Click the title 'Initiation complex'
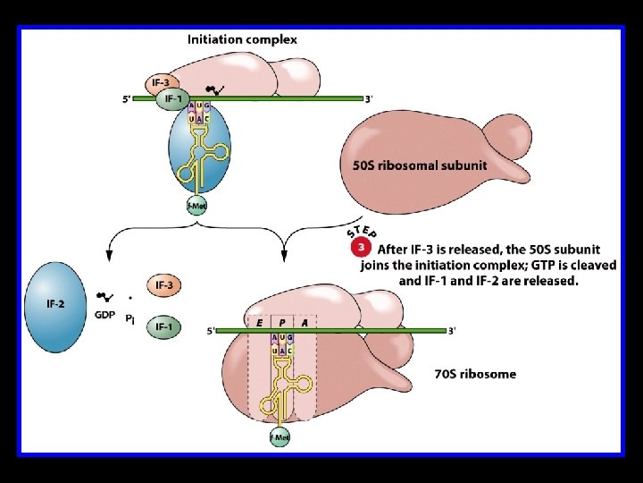point(242,39)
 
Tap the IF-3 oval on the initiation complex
point(161,82)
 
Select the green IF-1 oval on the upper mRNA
point(172,100)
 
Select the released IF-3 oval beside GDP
point(164,285)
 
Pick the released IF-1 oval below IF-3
point(164,326)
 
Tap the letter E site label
point(259,322)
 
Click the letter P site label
point(282,322)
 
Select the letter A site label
point(305,322)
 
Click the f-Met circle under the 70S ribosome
point(280,437)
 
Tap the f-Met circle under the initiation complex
point(196,207)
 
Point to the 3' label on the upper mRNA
point(369,98)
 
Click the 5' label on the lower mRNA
point(211,331)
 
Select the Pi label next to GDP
point(131,318)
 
